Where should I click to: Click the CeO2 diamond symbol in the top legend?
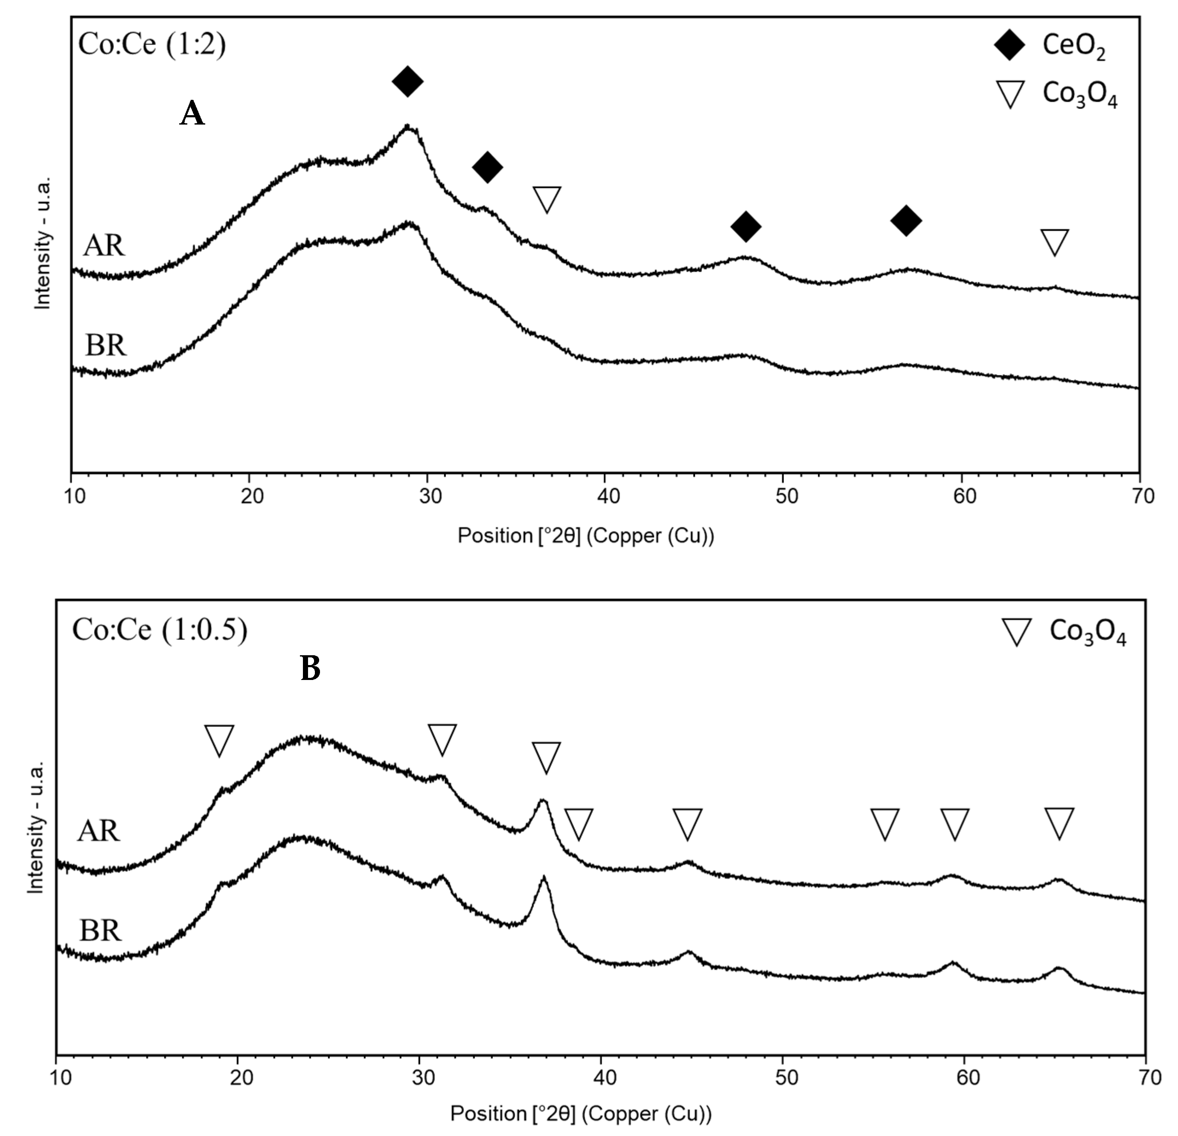click(1010, 46)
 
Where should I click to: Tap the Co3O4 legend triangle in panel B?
click(1017, 632)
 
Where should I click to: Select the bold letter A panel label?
click(192, 113)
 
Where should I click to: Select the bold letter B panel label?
click(310, 668)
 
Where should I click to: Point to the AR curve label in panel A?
click(104, 245)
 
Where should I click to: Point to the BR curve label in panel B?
click(100, 930)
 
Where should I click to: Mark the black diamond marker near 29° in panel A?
click(407, 81)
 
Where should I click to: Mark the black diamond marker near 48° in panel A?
click(746, 227)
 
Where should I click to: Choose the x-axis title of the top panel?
click(586, 535)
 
